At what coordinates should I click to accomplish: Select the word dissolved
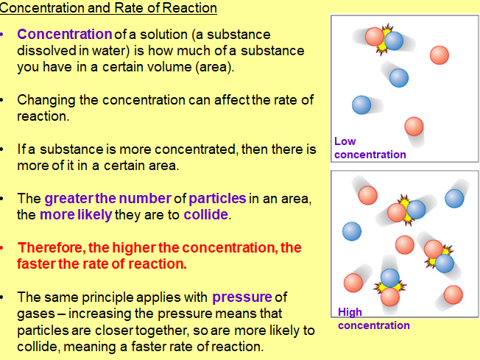click(x=45, y=51)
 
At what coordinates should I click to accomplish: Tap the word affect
click(x=229, y=100)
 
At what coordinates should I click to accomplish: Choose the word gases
click(x=38, y=314)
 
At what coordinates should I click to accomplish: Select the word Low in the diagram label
click(x=345, y=141)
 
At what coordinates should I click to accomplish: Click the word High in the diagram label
click(x=350, y=312)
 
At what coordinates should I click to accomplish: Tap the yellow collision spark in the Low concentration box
click(x=384, y=43)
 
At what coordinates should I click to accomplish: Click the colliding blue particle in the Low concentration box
click(x=393, y=41)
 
